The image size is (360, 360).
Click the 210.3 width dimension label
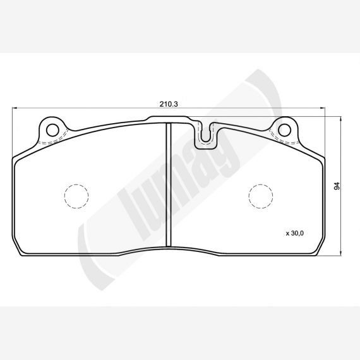[x=169, y=104]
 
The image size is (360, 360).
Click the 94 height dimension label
[x=337, y=186]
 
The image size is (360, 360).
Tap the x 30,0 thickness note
[x=295, y=233]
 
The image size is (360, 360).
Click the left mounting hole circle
[x=52, y=130]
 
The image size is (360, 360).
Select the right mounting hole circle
[x=284, y=129]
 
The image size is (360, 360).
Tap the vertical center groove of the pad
[x=169, y=185]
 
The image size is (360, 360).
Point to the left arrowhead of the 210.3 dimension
[x=15, y=107]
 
